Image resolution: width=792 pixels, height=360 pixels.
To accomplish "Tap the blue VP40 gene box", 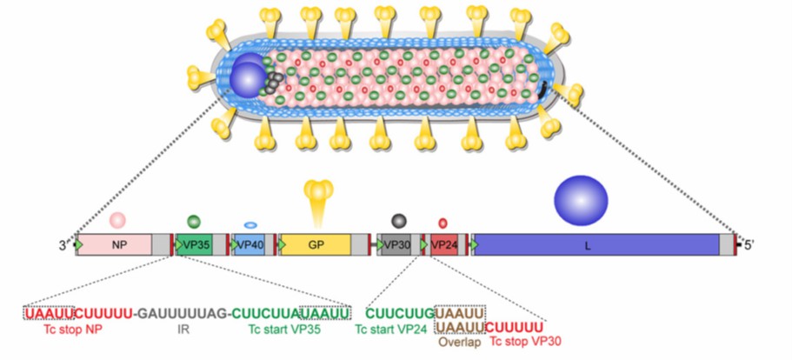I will coord(250,245).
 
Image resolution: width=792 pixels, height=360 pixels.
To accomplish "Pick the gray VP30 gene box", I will coord(396,245).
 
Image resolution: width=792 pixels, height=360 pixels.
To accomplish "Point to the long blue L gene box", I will coord(596,245).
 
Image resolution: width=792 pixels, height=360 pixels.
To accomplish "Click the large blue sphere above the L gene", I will coord(581,198).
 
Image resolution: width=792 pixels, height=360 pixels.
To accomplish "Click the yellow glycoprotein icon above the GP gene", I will coord(322,193).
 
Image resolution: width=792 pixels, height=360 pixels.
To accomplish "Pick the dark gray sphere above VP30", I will coord(398,221).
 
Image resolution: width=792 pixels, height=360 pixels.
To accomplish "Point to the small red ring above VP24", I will coord(443,223).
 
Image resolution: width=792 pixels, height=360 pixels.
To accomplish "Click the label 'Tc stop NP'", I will coord(72,330).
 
